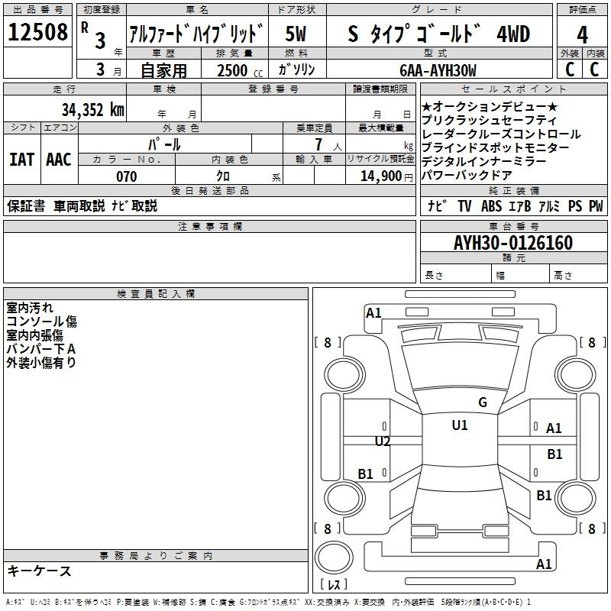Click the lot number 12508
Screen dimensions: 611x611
click(x=37, y=32)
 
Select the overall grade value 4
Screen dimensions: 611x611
click(x=582, y=34)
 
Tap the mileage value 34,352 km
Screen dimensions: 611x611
click(x=92, y=110)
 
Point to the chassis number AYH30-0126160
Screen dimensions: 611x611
click(x=513, y=243)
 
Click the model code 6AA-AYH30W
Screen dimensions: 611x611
click(x=438, y=70)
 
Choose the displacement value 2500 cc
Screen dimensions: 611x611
click(x=240, y=70)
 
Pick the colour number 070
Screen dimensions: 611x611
click(x=126, y=176)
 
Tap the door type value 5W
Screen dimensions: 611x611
click(x=296, y=34)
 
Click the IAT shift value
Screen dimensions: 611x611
click(x=22, y=160)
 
